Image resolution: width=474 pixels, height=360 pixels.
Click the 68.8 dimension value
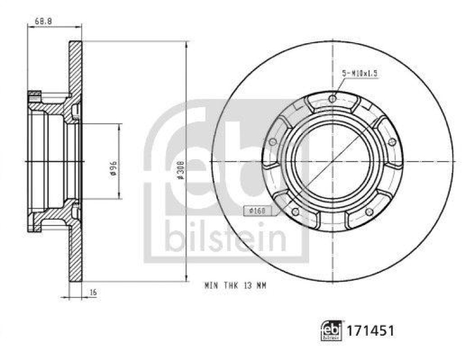pyautogui.click(x=43, y=20)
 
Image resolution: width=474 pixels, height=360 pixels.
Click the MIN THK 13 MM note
pyautogui.click(x=235, y=285)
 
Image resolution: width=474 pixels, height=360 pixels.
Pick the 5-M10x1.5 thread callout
pyautogui.click(x=359, y=73)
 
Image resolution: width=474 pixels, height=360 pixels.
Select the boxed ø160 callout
pyautogui.click(x=256, y=210)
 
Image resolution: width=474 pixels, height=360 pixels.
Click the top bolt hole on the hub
pyautogui.click(x=332, y=98)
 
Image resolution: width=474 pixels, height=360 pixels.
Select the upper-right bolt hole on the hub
pyautogui.click(x=392, y=142)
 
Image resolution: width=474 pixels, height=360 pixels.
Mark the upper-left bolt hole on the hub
pyautogui.click(x=273, y=142)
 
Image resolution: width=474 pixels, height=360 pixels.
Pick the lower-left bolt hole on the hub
pyautogui.click(x=295, y=211)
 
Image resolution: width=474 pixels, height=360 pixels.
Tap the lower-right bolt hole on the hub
pyautogui.click(x=369, y=211)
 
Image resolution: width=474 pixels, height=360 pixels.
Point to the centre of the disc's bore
pyautogui.click(x=332, y=161)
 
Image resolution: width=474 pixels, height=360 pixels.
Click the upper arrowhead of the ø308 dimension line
pyautogui.click(x=187, y=45)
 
